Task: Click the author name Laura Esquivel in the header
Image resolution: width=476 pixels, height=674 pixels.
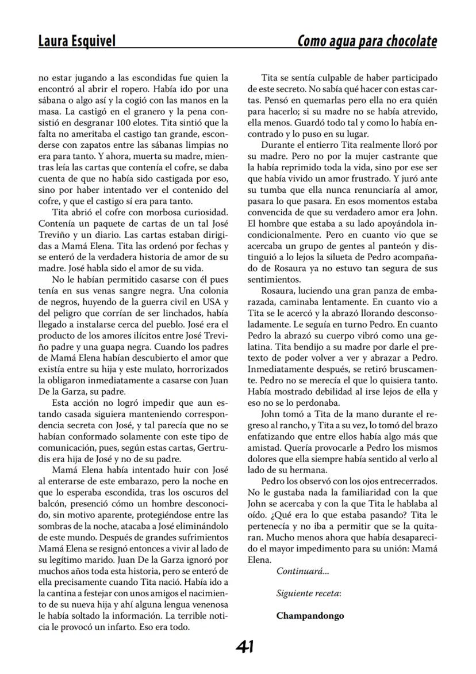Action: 76,41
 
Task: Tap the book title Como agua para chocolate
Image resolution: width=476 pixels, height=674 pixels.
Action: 367,41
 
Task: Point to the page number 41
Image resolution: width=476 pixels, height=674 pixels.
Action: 245,648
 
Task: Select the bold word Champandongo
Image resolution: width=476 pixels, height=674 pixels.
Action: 310,615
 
